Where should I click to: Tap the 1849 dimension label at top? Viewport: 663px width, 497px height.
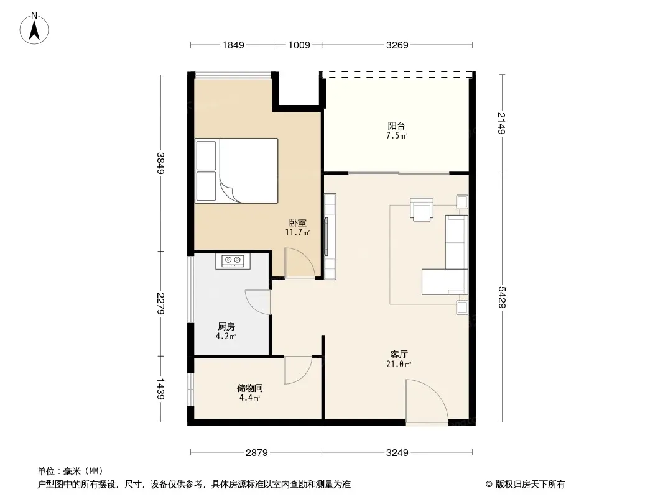[233, 45]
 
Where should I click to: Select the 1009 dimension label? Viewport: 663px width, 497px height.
[299, 45]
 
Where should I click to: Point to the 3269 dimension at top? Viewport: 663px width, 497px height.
[397, 45]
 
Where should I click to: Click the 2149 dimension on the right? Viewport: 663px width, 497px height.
[501, 123]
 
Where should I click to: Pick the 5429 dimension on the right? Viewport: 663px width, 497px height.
[501, 298]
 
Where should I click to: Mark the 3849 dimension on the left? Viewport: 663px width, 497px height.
[160, 163]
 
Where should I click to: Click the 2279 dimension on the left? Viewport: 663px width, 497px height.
[160, 303]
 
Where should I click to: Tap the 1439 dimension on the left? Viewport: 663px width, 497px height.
[160, 389]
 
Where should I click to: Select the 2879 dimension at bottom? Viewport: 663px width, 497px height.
[257, 453]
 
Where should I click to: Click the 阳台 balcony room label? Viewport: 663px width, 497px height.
[397, 126]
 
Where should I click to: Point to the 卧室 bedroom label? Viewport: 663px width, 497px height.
[298, 222]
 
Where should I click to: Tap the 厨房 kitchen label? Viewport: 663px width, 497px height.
[226, 326]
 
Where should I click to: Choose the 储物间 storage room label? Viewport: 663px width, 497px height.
[250, 388]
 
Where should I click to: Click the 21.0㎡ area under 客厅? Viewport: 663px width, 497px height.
[399, 364]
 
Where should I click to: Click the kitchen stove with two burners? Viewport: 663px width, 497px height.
[233, 261]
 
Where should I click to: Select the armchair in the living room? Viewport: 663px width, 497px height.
[422, 209]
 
